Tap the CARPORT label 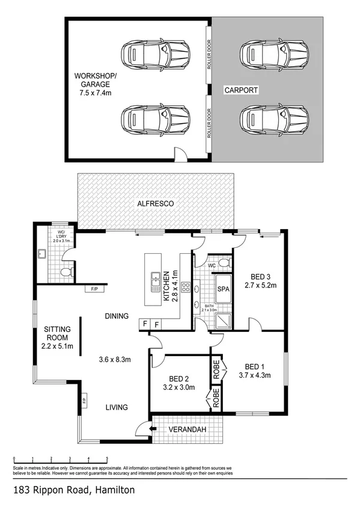pyautogui.click(x=241, y=90)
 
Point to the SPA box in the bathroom pyautogui.click(x=222, y=290)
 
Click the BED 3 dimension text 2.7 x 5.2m pyautogui.click(x=260, y=286)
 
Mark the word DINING pyautogui.click(x=117, y=315)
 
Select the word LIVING pyautogui.click(x=116, y=407)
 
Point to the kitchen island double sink pyautogui.click(x=155, y=279)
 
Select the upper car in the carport pyautogui.click(x=276, y=55)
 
